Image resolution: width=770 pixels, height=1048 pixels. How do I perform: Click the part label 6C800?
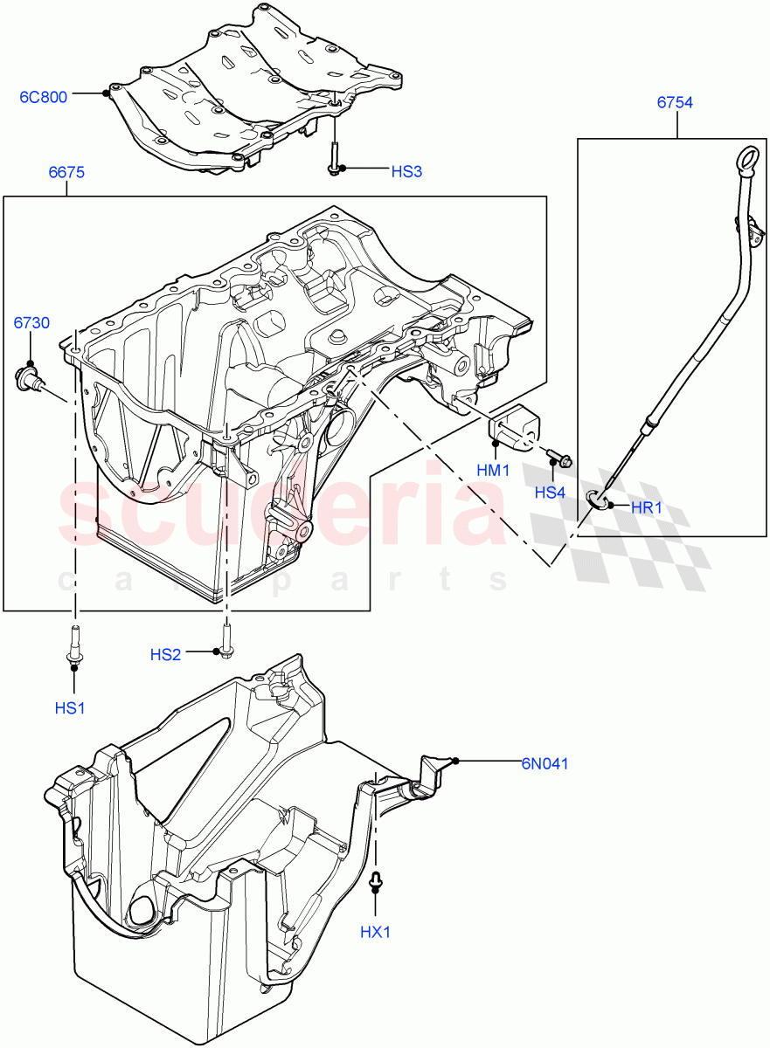point(43,97)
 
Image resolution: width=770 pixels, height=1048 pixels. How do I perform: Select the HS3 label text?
point(406,172)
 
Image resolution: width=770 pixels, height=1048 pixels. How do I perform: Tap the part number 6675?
point(66,173)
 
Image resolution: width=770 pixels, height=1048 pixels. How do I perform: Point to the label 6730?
point(31,324)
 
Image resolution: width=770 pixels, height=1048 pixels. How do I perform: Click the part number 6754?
point(675,103)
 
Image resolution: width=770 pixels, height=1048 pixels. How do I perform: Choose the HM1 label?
point(493,470)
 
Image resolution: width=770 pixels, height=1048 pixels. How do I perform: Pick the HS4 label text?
point(550,493)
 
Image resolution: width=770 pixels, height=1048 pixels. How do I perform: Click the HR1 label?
point(648,507)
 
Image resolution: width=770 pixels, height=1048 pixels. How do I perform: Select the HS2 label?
point(165,654)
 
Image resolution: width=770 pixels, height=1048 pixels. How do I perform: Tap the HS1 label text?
point(70,708)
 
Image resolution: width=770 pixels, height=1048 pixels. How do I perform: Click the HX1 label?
point(375,933)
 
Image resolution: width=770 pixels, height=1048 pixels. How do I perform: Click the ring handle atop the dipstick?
point(744,161)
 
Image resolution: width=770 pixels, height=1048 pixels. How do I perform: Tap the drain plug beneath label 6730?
point(28,379)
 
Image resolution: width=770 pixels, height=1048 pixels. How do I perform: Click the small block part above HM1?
point(514,424)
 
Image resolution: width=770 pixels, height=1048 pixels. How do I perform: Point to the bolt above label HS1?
point(73,649)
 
